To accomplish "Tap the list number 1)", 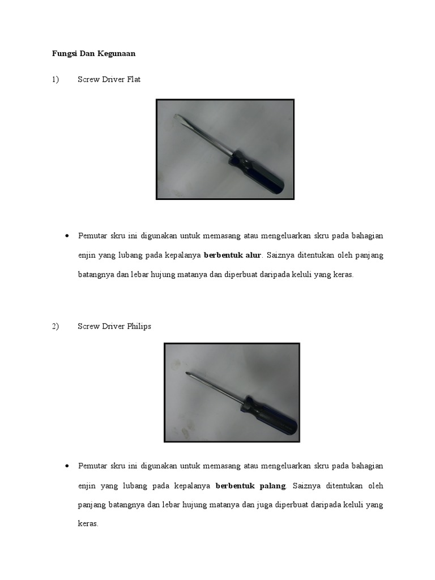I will (x=55, y=80).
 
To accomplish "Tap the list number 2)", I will (x=55, y=327).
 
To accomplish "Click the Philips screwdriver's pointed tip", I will (x=187, y=373).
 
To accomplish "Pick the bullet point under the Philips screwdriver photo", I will (x=67, y=466).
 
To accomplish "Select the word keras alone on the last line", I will (x=88, y=524).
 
